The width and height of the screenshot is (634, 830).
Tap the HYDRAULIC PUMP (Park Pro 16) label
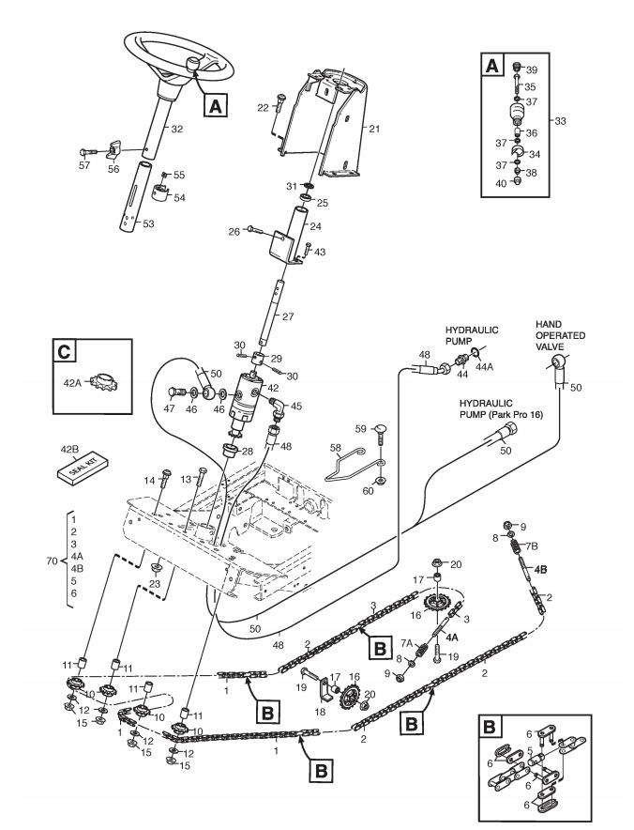(501, 408)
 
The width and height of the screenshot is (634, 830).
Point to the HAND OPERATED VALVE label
(560, 335)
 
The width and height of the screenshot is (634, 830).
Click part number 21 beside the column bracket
(374, 129)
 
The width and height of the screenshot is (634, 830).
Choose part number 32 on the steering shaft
(177, 129)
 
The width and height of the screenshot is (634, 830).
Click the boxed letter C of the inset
(65, 351)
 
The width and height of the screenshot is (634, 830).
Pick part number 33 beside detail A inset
(560, 121)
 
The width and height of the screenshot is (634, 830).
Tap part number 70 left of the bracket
(52, 561)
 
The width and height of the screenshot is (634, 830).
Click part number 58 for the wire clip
(336, 449)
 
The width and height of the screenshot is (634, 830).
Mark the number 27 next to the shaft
(288, 316)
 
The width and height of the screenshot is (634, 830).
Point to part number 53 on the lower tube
(148, 223)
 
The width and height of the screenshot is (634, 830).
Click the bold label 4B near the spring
(540, 570)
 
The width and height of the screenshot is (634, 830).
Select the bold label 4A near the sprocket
(451, 638)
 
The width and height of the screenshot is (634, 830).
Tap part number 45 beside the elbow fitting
(296, 406)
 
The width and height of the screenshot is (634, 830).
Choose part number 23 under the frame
(155, 584)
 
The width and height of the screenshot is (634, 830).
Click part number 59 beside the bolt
(361, 429)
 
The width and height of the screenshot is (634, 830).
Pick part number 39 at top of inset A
(532, 69)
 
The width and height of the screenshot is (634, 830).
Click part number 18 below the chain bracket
(320, 712)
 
